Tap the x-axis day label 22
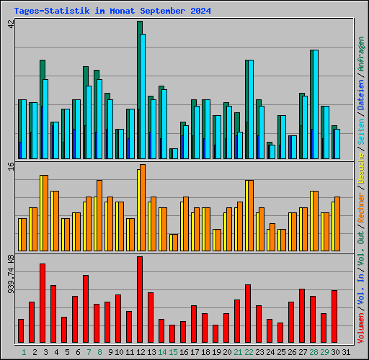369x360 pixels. pos(249,352)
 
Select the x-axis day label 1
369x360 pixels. pos(24,352)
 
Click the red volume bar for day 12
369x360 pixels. pos(140,300)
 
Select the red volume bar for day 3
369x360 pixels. pos(43,304)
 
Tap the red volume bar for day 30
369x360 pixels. pos(334,317)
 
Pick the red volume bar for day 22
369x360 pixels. pos(248,314)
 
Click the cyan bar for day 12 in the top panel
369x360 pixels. pos(143,96)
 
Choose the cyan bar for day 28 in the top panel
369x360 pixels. pos(315,104)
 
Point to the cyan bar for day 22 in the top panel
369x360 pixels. pos(250,109)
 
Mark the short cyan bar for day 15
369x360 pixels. pos(174,153)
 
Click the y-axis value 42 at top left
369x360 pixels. pos(11,24)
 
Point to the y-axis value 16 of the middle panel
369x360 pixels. pos(11,167)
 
